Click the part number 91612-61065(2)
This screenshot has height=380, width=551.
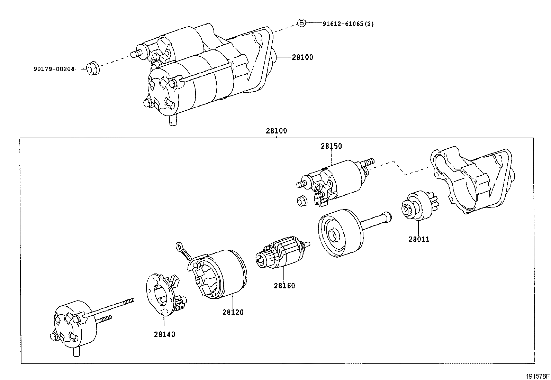348,24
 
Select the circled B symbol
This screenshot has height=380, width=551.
301,23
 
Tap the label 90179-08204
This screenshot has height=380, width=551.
54,69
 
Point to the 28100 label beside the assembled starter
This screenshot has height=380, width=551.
302,57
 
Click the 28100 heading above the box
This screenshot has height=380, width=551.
276,131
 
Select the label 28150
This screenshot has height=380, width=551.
331,146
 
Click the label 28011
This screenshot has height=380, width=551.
418,239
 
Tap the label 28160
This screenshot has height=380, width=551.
284,286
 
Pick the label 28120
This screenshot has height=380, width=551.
233,312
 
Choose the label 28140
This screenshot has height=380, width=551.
165,334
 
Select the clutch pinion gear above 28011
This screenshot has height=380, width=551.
419,206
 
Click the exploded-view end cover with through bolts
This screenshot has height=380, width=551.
74,327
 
